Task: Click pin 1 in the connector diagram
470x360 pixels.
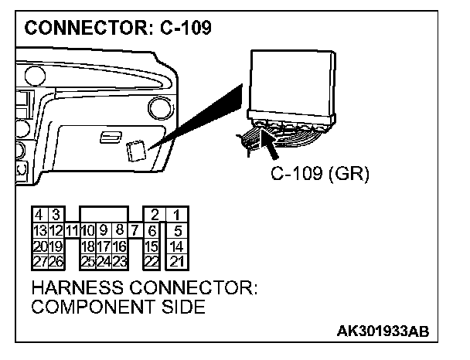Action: coord(177,214)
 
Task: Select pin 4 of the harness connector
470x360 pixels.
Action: coord(38,214)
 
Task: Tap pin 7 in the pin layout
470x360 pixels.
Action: coord(135,229)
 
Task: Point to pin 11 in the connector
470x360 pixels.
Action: coord(71,230)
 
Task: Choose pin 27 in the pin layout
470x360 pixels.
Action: coord(38,261)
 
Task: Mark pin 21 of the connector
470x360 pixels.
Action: coord(177,261)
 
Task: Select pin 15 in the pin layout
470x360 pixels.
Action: coord(152,246)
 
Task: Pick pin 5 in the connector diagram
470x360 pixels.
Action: coord(177,229)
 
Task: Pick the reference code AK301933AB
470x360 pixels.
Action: coord(382,331)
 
